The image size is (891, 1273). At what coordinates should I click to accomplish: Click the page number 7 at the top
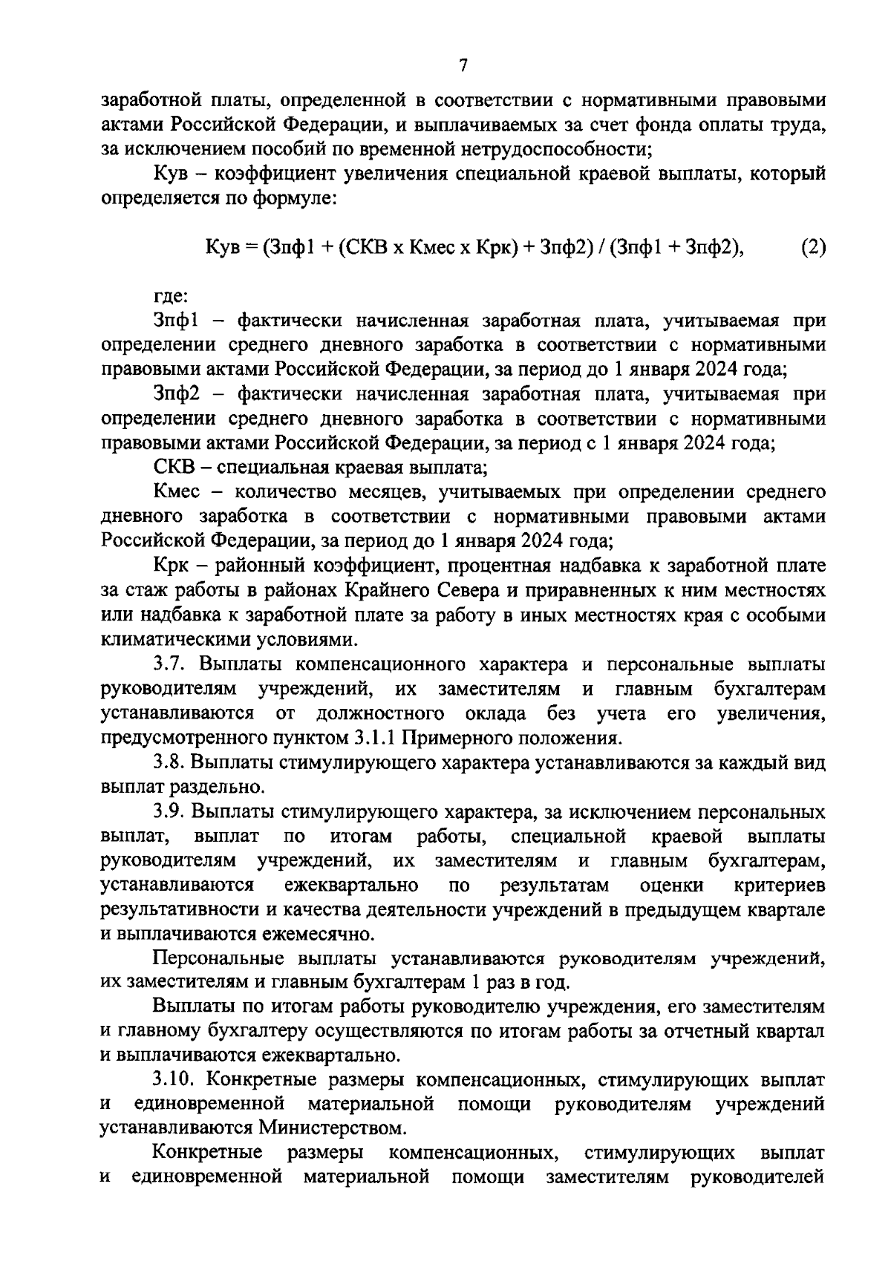coord(463,66)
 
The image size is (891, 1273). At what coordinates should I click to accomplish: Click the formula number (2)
coord(812,249)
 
